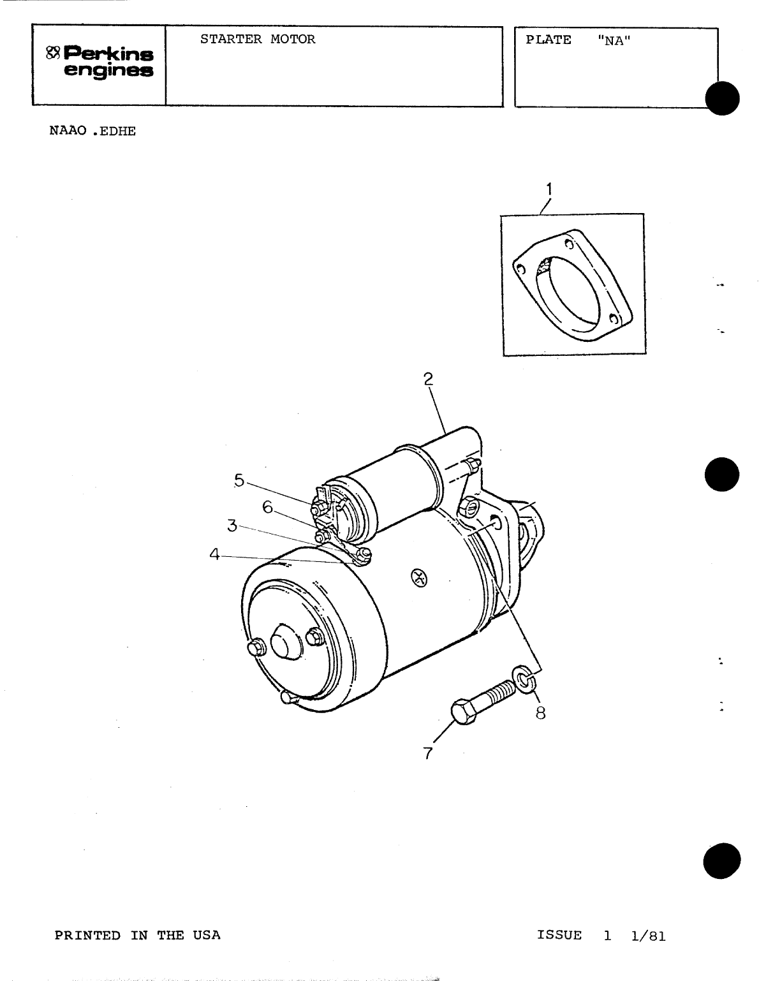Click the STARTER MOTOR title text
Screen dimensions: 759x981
click(x=258, y=40)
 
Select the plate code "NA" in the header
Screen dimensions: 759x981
click(x=614, y=40)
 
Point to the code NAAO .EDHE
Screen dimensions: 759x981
click(x=92, y=131)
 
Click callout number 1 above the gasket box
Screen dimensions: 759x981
click(x=549, y=189)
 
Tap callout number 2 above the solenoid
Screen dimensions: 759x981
click(x=428, y=378)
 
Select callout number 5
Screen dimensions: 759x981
click(x=239, y=480)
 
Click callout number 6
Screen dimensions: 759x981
click(x=268, y=508)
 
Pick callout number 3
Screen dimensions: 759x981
click(x=232, y=526)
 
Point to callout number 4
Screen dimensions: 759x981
click(x=214, y=554)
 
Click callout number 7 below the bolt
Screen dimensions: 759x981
click(x=428, y=753)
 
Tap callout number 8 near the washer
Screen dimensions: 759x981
click(x=541, y=713)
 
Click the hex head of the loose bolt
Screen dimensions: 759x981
click(x=463, y=712)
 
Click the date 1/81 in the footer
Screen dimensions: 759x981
click(x=649, y=936)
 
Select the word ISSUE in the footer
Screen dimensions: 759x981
click(x=559, y=934)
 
